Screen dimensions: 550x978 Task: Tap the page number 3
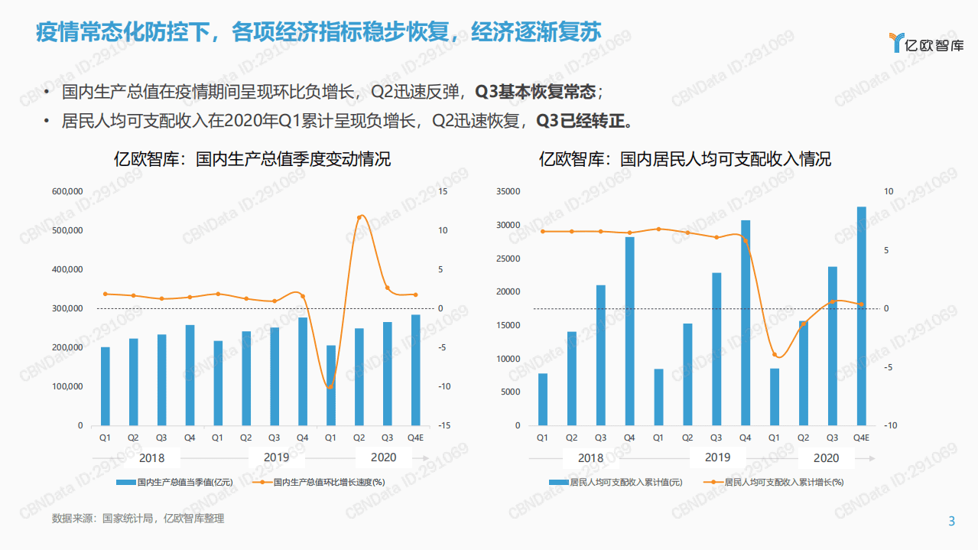[951, 522]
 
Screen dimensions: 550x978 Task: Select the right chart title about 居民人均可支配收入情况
[685, 159]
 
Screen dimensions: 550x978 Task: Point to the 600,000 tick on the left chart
[67, 191]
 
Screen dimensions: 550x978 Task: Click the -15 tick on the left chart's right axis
[444, 425]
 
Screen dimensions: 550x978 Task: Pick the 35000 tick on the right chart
[508, 191]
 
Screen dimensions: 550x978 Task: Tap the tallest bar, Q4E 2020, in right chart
[861, 316]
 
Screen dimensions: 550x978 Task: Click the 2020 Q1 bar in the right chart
[775, 396]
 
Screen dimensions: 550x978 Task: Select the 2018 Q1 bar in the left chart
[106, 386]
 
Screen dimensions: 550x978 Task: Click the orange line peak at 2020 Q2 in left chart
[359, 217]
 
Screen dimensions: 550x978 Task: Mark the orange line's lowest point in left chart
[330, 387]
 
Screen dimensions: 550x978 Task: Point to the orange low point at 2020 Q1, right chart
[775, 355]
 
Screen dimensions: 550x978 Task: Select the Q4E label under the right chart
[861, 438]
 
